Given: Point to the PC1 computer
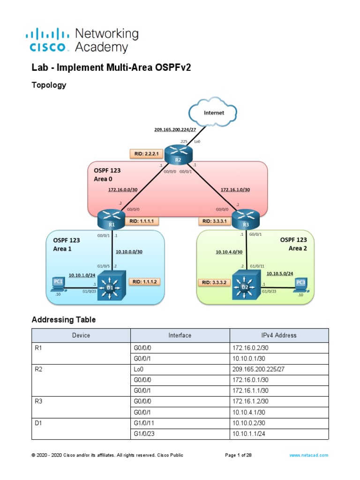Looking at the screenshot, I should point(58,283).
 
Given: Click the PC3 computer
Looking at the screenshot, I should point(300,284).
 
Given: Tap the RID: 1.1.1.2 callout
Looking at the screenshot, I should point(144,282).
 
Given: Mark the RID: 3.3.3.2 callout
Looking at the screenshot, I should point(213,282).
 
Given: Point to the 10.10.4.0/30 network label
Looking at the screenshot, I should point(229,252).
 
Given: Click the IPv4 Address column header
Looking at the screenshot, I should point(279,335).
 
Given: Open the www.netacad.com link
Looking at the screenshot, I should point(309,455).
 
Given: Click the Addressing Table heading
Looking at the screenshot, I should point(64,320).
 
